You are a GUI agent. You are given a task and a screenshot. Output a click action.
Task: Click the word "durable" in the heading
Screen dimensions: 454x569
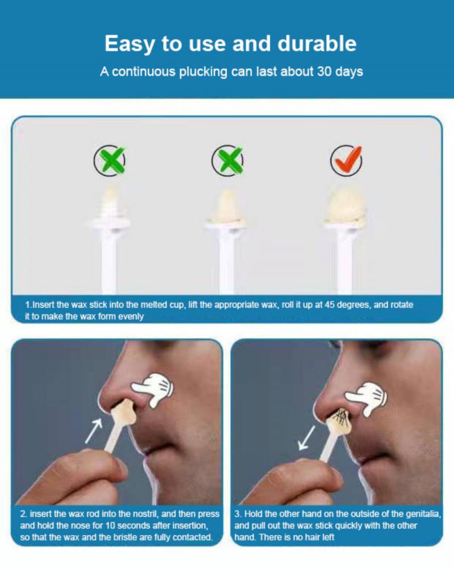click(317, 43)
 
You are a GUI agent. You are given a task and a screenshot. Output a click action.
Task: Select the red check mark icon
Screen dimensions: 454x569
click(347, 160)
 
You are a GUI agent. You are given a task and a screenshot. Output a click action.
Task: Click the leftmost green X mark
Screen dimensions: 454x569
click(110, 161)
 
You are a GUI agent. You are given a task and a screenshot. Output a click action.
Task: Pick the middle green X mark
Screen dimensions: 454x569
click(228, 161)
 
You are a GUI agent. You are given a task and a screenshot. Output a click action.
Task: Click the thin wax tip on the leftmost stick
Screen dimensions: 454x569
click(109, 201)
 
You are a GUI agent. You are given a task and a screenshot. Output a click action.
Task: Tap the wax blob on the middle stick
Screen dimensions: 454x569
click(226, 207)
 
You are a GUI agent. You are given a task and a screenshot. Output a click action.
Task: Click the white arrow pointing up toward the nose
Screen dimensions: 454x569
click(94, 432)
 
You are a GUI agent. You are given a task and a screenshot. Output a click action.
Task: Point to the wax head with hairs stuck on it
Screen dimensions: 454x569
click(339, 420)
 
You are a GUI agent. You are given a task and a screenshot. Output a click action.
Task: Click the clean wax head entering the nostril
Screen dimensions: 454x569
click(124, 412)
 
